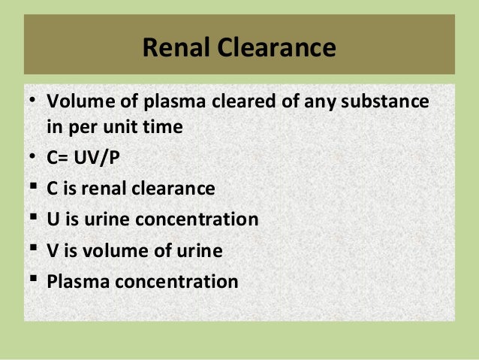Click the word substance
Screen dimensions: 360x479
(x=385, y=100)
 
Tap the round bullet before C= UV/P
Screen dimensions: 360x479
(x=32, y=158)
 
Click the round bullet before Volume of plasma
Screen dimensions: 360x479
(x=32, y=100)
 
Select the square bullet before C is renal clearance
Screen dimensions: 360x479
(x=32, y=188)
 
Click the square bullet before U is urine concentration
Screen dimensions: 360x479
(x=32, y=219)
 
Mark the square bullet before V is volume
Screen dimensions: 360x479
(x=32, y=250)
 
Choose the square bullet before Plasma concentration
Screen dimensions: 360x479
(x=32, y=282)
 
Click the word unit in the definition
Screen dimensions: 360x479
(x=125, y=127)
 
